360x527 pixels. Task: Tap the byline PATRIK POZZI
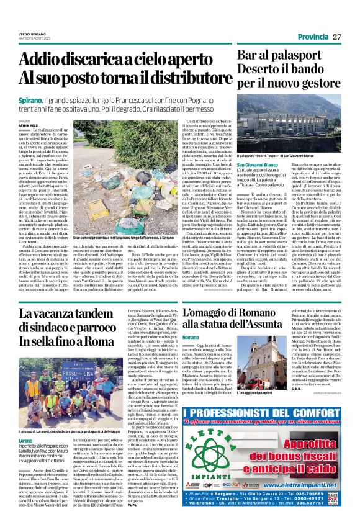[30, 125]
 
